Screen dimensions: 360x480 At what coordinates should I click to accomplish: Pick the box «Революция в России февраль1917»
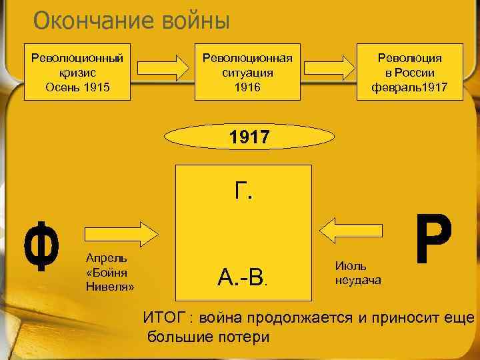coord(410,72)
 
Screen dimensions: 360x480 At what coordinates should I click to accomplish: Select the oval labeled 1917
coord(248,138)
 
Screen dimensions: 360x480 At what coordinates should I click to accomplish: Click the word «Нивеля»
coord(110,287)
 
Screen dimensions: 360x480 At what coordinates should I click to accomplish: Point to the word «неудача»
coord(358,280)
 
